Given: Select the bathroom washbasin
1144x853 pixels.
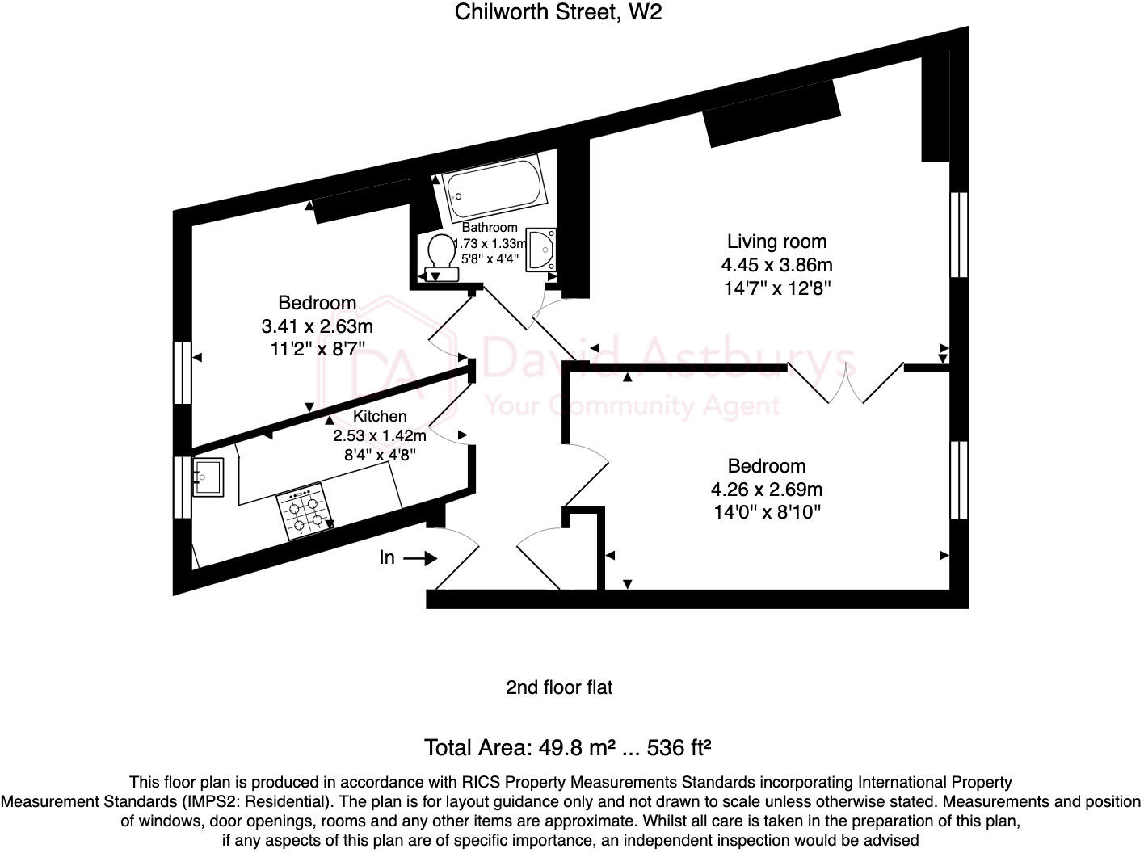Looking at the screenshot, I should pos(541,250).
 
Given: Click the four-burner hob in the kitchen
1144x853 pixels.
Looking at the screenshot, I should pos(305,512).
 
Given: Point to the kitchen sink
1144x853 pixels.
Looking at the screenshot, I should pos(208,477).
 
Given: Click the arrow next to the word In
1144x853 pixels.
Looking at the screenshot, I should pos(420,558).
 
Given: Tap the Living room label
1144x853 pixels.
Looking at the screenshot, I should pos(776,242).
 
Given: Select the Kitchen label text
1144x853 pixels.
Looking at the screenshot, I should pos(380,416).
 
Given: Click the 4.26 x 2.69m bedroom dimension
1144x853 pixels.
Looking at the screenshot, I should pos(766,489).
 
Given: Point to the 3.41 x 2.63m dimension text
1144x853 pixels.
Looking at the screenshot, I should pos(317,326).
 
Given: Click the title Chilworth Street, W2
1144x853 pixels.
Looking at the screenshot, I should pos(558,12).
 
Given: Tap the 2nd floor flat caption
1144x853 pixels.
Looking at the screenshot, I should pos(559,687).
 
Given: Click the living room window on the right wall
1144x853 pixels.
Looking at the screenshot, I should pos(959,234).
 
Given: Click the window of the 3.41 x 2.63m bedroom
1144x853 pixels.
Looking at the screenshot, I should pos(183,373).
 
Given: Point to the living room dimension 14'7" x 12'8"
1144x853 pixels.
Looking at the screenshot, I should pos(776,288).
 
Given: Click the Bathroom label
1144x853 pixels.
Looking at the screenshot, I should pos(490,228).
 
